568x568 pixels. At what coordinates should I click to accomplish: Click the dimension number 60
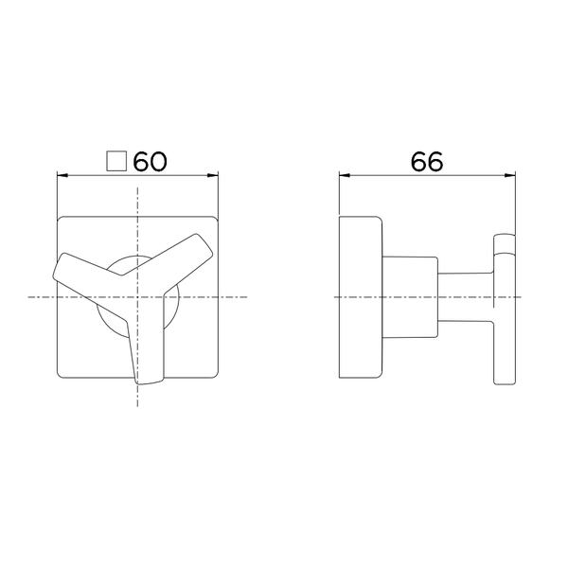pyautogui.click(x=151, y=161)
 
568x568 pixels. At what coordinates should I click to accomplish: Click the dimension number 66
pyautogui.click(x=427, y=161)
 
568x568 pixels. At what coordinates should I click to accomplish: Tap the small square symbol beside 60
pyautogui.click(x=116, y=161)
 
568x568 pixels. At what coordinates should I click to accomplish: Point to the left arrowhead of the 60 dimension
pyautogui.click(x=62, y=175)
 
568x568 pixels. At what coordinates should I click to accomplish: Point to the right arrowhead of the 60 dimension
pyautogui.click(x=213, y=175)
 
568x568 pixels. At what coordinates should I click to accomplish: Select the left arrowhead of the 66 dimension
pyautogui.click(x=345, y=175)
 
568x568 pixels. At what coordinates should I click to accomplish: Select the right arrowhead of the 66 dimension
pyautogui.click(x=510, y=175)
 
